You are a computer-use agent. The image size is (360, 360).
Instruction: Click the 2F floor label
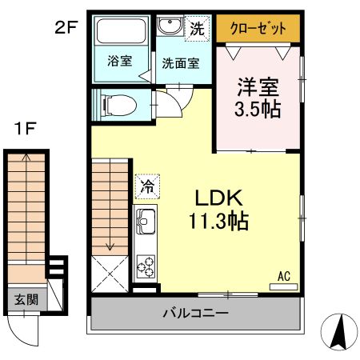[66, 26]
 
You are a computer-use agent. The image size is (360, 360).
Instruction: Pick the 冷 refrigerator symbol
[147, 186]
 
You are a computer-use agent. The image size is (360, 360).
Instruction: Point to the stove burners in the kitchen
[146, 264]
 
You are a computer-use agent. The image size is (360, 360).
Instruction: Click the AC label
[283, 276]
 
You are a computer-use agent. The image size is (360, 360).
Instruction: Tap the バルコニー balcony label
[197, 313]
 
